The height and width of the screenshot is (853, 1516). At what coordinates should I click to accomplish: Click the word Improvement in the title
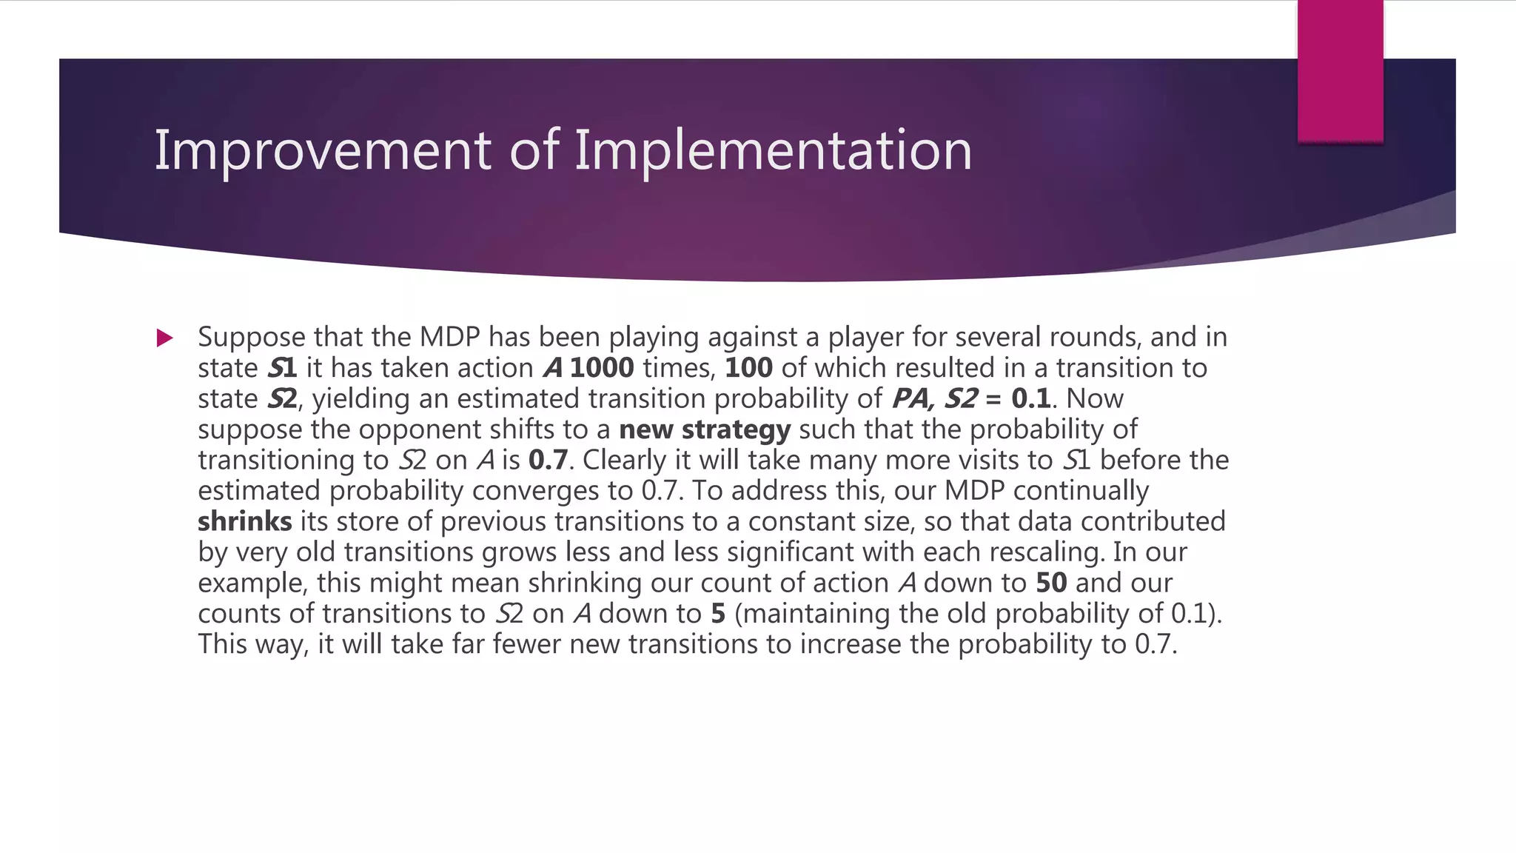coord(322,150)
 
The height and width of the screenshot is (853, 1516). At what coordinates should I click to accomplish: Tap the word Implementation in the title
coord(773,150)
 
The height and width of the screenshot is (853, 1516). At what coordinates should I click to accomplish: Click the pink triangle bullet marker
coord(164,338)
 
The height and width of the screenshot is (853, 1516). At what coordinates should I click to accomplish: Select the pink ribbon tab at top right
coord(1340,71)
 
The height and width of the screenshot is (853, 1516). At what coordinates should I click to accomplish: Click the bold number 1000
coord(601,368)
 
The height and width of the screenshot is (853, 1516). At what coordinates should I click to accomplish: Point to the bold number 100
coord(748,368)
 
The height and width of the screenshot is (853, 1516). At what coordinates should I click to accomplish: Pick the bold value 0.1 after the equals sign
coord(1031,398)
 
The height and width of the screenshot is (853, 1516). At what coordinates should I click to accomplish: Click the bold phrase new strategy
coord(705,429)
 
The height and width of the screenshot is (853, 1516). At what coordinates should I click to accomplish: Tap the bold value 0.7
coord(548,460)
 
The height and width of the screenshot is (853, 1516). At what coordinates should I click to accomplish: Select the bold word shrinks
coord(245,521)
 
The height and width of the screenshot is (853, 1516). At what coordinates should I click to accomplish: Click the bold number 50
coord(1051,583)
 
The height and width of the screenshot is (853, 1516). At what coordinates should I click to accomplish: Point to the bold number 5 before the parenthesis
coord(717,614)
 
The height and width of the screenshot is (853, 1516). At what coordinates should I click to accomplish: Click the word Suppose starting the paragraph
coord(252,337)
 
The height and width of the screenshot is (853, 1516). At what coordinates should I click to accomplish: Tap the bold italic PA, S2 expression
coord(935,398)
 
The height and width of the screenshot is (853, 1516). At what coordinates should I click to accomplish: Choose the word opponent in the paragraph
coord(440,429)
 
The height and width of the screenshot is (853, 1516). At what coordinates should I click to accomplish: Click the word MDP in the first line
coord(449,337)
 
